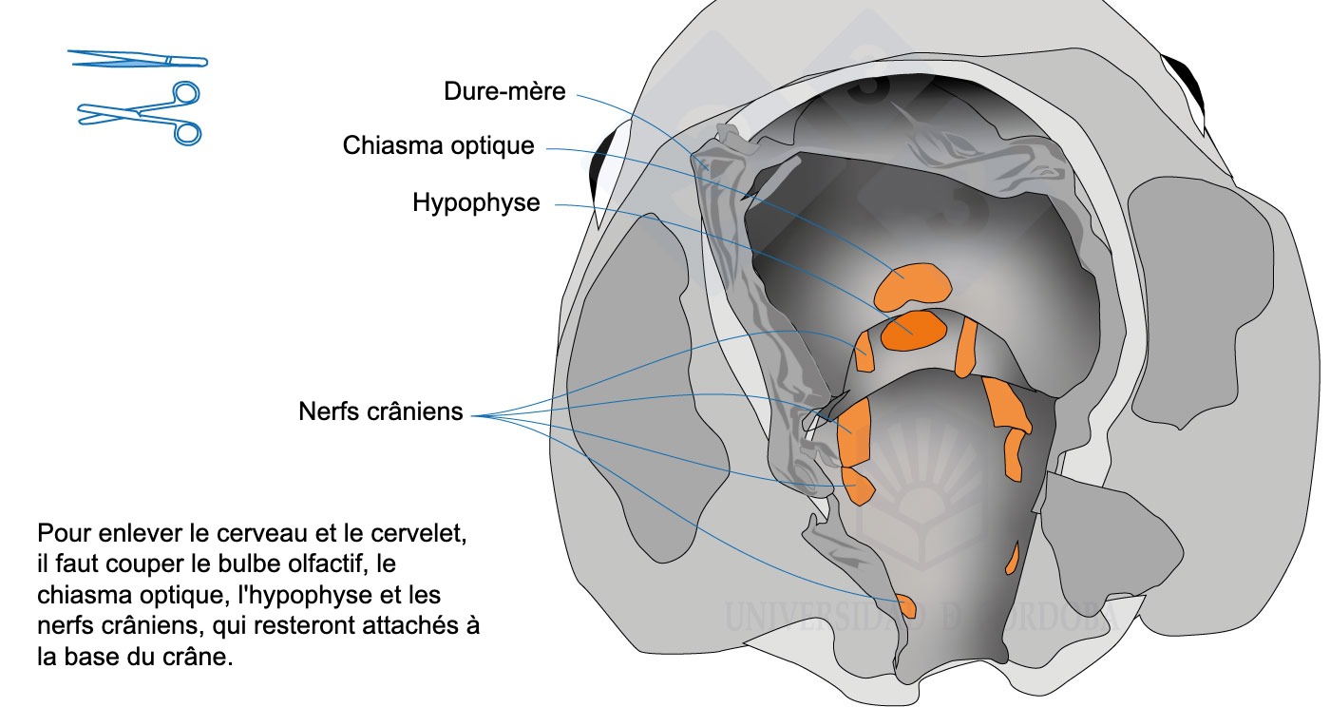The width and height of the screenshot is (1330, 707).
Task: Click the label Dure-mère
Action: click(504, 91)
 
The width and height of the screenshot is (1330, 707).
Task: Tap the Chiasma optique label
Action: click(438, 146)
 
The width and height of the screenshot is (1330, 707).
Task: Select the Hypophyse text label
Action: click(476, 202)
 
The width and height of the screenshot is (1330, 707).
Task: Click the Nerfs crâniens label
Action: click(380, 411)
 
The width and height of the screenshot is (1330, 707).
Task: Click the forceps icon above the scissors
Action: click(139, 60)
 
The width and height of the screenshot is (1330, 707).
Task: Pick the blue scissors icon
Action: click(142, 113)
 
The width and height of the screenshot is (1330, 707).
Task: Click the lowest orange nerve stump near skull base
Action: click(904, 604)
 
